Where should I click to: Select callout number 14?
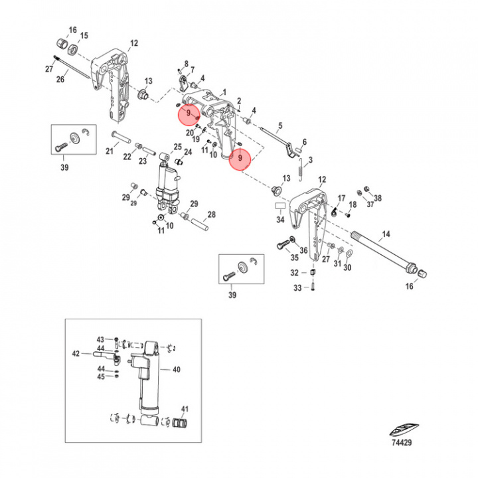tap(386, 234)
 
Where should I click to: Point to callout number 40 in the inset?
tap(176, 369)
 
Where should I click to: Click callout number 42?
tap(76, 353)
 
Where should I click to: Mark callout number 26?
tap(60, 80)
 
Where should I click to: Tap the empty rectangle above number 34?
tap(279, 207)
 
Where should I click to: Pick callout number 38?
tap(378, 198)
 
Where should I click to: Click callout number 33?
tap(297, 287)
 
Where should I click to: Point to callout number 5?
tap(279, 125)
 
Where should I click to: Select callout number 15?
tap(84, 35)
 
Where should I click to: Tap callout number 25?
tap(177, 147)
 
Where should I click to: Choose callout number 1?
tap(224, 92)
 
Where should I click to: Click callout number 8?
tap(186, 63)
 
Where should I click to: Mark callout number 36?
tap(303, 250)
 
